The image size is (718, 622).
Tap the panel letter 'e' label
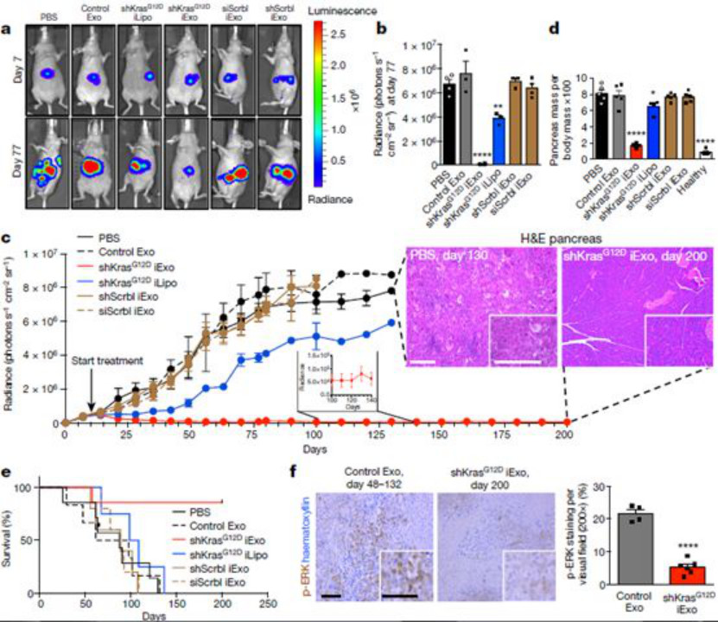(x=8, y=473)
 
